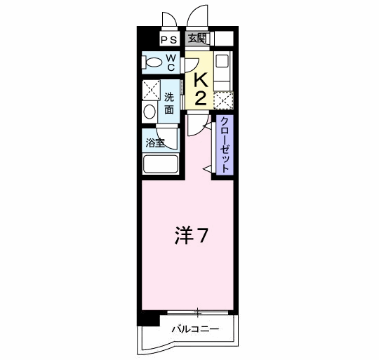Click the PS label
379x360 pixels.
click(169, 40)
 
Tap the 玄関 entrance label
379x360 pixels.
click(197, 39)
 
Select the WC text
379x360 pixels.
click(170, 63)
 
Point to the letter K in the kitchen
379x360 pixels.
click(200, 81)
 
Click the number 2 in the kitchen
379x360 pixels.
click(200, 98)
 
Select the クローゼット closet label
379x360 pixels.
click(224, 145)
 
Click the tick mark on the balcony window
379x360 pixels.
click(199, 311)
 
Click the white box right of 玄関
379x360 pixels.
click(223, 39)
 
